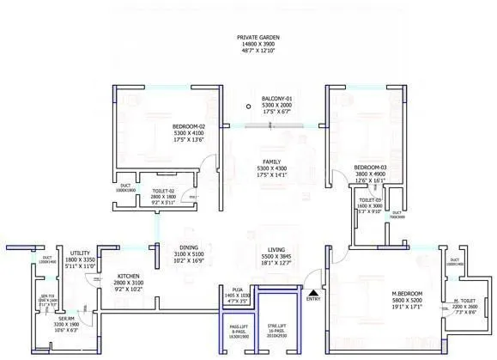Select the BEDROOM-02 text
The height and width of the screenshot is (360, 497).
pyautogui.click(x=189, y=127)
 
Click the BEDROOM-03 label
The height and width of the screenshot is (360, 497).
pyautogui.click(x=370, y=168)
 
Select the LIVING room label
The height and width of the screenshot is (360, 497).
pyautogui.click(x=276, y=249)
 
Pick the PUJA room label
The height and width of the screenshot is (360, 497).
pyautogui.click(x=237, y=290)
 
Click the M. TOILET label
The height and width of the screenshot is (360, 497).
pyautogui.click(x=465, y=301)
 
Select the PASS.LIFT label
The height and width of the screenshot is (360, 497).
pyautogui.click(x=238, y=326)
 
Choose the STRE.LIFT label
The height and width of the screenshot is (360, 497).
pyautogui.click(x=276, y=326)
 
